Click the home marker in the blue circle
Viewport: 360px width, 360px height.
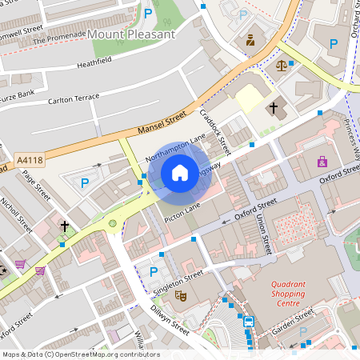coord(179,173)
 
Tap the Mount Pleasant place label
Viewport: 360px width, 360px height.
coord(131,34)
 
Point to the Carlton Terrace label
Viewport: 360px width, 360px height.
coord(74,98)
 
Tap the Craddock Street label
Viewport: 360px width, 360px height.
coord(215,132)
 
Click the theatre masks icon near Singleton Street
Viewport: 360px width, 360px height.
coord(182,295)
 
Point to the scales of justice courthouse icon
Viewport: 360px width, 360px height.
coord(281,64)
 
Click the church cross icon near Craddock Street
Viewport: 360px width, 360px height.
coord(273,106)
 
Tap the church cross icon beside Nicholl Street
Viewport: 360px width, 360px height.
coord(65,227)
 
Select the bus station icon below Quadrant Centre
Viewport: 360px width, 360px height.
coord(249,322)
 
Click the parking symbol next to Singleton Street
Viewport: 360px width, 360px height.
coord(154,271)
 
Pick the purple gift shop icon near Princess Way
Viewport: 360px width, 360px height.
coord(322,162)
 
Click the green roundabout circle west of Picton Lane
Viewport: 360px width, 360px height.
coord(113,223)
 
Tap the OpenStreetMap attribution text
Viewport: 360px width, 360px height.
coord(80,354)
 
